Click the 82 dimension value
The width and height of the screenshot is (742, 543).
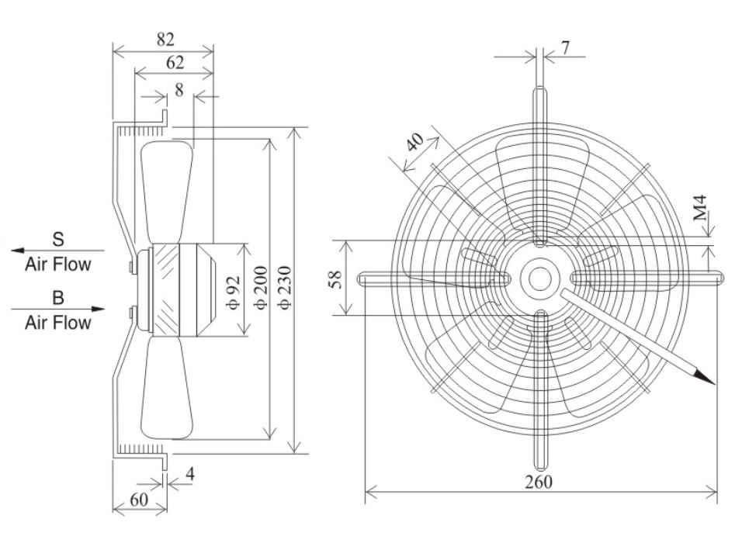pos(165,40)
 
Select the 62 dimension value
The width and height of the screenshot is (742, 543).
pos(175,62)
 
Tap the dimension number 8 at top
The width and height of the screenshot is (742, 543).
pos(179,90)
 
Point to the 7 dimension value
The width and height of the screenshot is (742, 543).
pos(565,47)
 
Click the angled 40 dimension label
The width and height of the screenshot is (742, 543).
pos(415,141)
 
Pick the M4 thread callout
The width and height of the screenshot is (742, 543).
pos(700,207)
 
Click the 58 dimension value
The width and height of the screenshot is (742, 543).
pos(335,280)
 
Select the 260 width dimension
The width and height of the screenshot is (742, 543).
pos(539,482)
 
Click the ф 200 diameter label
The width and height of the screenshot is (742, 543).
pos(261,288)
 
